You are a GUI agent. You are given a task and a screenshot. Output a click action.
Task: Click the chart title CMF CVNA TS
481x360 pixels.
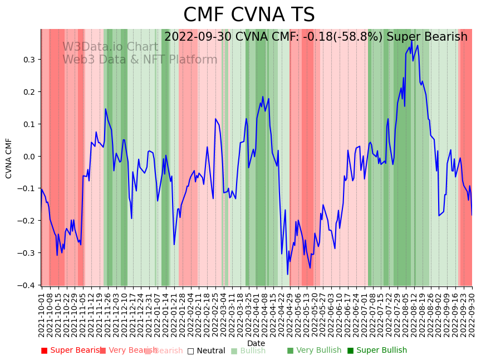249,15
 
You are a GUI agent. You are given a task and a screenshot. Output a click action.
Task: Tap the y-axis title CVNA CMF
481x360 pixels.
9,158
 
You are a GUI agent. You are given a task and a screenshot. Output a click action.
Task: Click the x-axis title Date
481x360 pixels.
256,343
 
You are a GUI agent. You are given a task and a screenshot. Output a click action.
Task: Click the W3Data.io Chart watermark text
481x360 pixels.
110,47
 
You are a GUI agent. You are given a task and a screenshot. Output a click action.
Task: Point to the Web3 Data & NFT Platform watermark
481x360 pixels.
140,60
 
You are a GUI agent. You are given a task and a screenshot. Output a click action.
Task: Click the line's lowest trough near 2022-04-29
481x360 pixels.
288,274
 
